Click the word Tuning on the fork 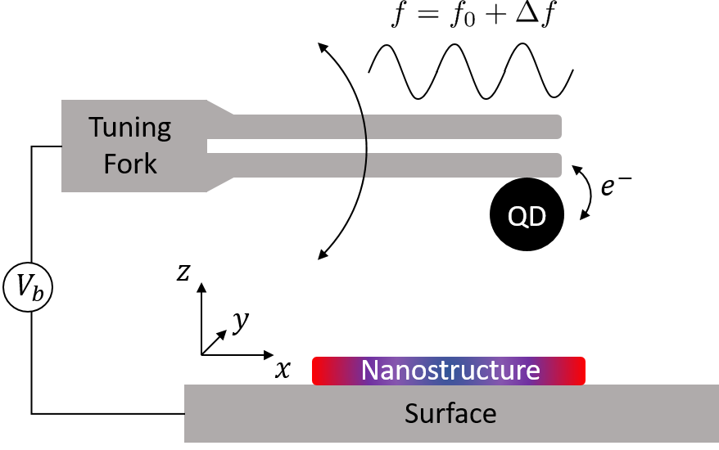[129, 128]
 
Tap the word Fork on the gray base [129, 164]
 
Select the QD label [527, 217]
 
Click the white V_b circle [28, 286]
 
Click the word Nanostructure [450, 370]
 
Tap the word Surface [450, 413]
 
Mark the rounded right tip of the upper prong [558, 127]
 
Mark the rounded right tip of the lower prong [558, 164]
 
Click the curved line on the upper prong [365, 127]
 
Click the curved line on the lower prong [365, 164]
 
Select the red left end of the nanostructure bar [321, 371]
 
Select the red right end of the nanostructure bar [577, 371]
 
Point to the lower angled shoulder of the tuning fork [219, 183]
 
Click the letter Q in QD [518, 217]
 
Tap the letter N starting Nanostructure [369, 370]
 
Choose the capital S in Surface [412, 413]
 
